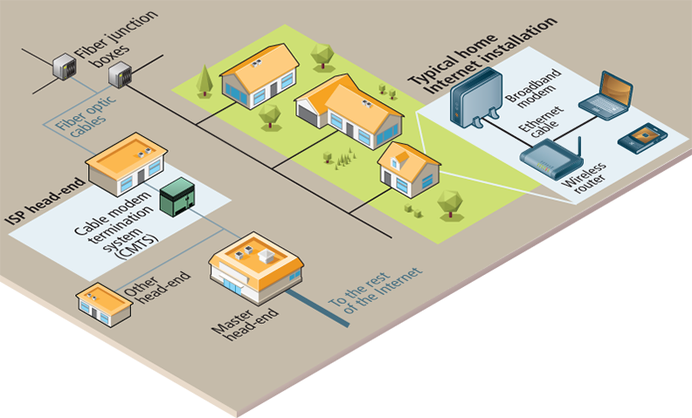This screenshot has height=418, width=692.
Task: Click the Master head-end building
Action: click(255, 266)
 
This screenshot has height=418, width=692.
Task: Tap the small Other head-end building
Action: click(103, 305)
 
